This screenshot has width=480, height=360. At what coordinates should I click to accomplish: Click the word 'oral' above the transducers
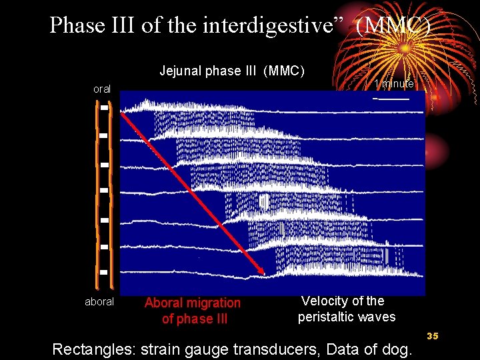click(x=102, y=89)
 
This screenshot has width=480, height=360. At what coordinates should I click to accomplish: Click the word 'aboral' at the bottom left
click(x=99, y=302)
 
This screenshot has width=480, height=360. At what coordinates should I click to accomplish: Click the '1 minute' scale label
click(x=394, y=84)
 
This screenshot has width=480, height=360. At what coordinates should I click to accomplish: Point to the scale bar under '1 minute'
click(x=392, y=99)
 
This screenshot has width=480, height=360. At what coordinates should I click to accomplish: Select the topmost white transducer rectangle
click(x=105, y=107)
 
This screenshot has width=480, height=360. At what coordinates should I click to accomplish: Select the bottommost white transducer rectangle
click(x=104, y=272)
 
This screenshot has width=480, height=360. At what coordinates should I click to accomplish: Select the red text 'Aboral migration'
click(x=193, y=303)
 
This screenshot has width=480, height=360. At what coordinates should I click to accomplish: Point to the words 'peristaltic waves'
click(x=347, y=317)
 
